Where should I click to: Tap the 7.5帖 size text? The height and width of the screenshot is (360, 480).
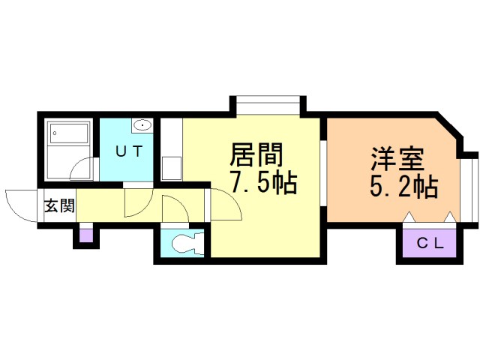[x=262, y=182]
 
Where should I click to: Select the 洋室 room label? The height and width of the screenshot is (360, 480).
[x=397, y=160]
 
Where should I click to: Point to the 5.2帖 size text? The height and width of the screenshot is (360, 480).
[x=403, y=185]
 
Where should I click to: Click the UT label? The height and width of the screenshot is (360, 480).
[x=128, y=151]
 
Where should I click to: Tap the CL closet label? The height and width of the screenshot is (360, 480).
[x=430, y=243]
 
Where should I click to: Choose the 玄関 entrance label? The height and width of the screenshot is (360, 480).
[x=58, y=205]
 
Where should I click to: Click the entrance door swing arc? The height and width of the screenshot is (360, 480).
[x=21, y=204]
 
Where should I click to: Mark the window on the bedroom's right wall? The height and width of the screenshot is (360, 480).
[x=466, y=187]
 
